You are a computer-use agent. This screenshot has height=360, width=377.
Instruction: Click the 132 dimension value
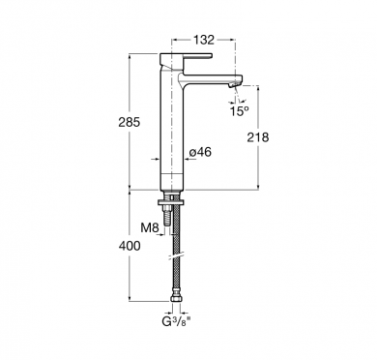coord(204,40)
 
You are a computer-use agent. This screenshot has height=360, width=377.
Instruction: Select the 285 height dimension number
coord(130,122)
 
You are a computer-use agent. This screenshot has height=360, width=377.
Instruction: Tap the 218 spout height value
coord(258,137)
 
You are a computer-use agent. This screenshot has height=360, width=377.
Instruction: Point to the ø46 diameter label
coord(200,152)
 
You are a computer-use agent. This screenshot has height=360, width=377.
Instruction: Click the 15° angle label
coord(239,111)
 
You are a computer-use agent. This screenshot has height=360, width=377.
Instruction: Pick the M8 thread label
coord(150,228)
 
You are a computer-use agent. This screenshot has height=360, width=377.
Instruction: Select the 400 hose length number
coord(130,246)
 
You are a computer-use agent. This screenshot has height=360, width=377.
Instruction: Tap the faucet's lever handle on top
coord(187,58)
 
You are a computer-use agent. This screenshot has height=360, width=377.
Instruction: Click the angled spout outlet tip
coord(235,84)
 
